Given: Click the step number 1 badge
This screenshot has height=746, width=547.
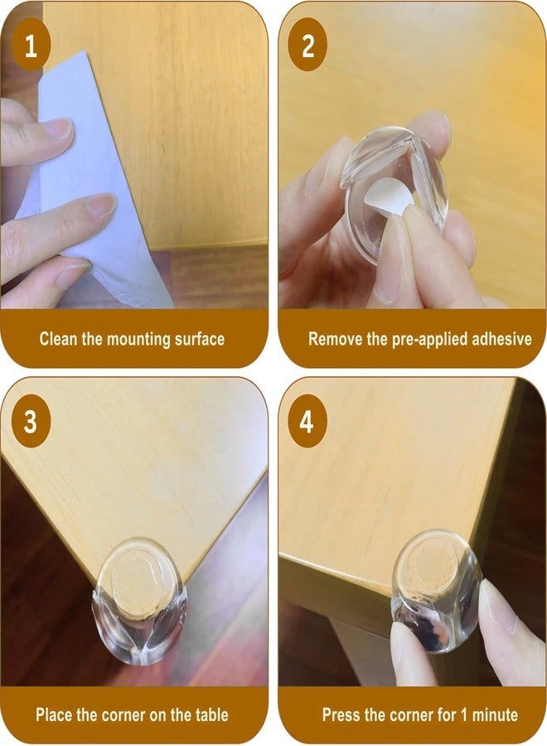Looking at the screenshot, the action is [x=31, y=46].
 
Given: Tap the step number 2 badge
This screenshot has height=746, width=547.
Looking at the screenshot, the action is [x=307, y=46].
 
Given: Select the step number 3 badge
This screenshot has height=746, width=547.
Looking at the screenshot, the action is [x=31, y=422].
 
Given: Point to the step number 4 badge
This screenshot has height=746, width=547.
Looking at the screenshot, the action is [x=307, y=422].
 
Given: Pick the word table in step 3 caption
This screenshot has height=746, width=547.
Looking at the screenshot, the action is [x=211, y=715].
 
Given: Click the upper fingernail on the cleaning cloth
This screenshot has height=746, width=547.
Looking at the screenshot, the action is [x=60, y=128].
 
